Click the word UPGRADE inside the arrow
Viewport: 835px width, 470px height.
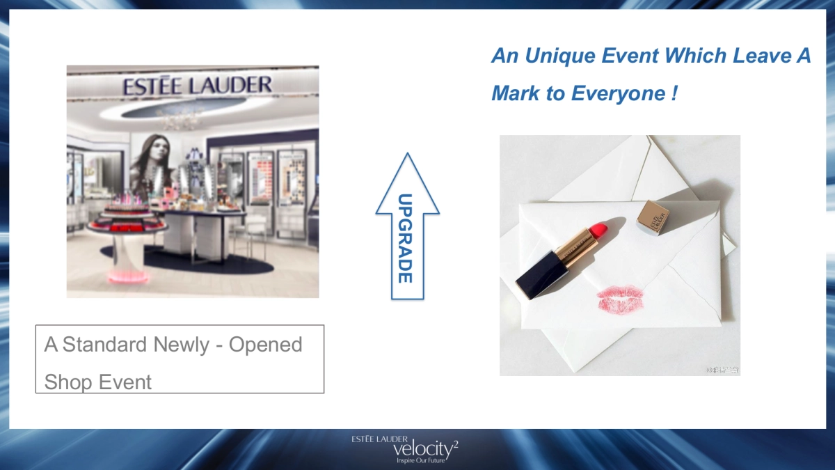pyautogui.click(x=406, y=237)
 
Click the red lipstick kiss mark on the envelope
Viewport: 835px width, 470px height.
pyautogui.click(x=620, y=299)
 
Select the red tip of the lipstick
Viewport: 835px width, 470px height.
pyautogui.click(x=598, y=228)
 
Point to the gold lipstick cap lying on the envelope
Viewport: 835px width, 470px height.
pyautogui.click(x=653, y=217)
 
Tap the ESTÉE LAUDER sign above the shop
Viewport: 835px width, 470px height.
pyautogui.click(x=197, y=86)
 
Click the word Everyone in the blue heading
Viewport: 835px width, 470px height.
pyautogui.click(x=619, y=93)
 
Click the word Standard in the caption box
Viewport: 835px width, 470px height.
pyautogui.click(x=105, y=345)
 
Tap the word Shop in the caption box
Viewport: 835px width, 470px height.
pyautogui.click(x=67, y=382)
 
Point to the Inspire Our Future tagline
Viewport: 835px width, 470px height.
pyautogui.click(x=420, y=461)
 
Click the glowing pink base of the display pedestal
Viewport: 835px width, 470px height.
pyautogui.click(x=129, y=277)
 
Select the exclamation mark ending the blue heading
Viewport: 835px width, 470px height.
pyautogui.click(x=674, y=93)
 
